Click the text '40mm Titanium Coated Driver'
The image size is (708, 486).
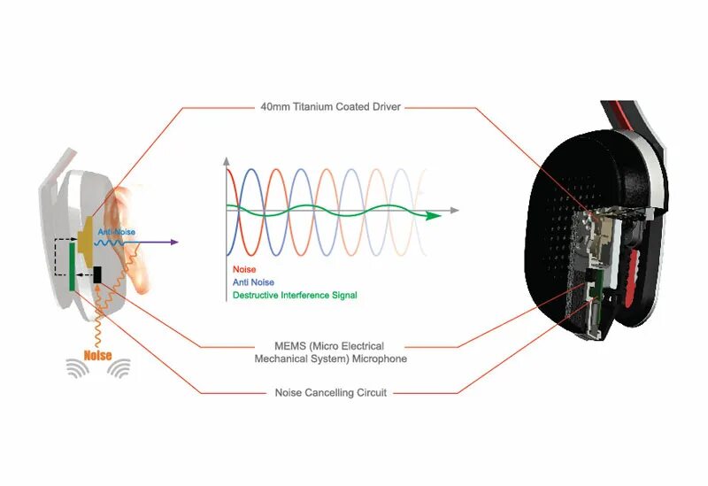point(330,107)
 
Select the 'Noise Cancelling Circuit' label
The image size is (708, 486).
point(330,392)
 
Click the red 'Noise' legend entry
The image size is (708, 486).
point(243,269)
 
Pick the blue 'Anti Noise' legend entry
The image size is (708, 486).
point(253,282)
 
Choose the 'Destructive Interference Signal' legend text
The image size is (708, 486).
point(294,295)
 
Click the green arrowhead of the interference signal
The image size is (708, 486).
point(434,215)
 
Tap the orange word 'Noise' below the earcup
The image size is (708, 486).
point(97,357)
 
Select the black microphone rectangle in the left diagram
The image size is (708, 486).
point(96,274)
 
